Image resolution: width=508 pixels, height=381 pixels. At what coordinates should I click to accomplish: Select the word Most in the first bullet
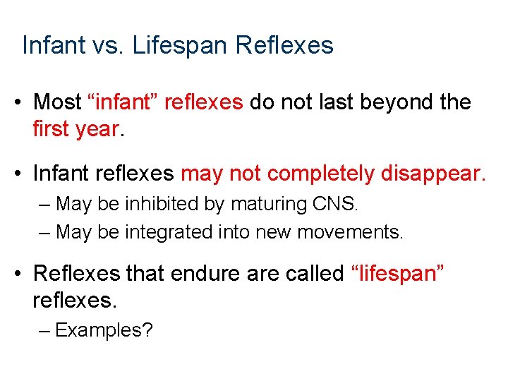coord(58,102)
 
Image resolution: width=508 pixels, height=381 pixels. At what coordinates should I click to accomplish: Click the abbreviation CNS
coord(335,205)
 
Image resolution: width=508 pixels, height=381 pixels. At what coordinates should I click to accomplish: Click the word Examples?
coord(104,329)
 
